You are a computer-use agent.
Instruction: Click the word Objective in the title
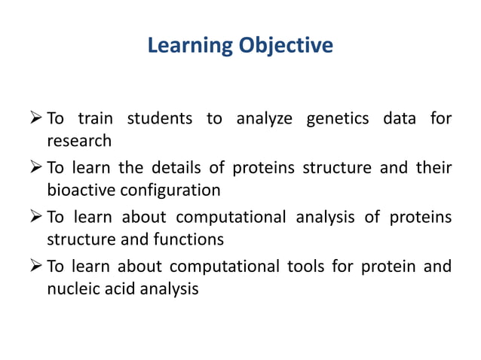[x=286, y=46]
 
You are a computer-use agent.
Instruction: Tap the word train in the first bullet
[x=96, y=118]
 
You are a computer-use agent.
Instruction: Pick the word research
[x=79, y=141]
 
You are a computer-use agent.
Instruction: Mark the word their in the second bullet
[x=435, y=167]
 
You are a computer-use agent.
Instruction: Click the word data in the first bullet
[x=399, y=118]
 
